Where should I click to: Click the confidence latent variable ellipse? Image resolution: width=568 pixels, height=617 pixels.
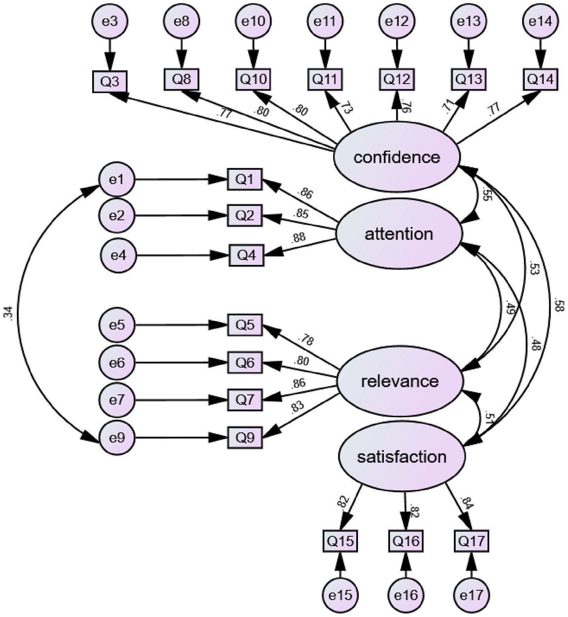coord(397,157)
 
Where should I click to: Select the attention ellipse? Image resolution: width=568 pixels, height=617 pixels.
coord(399,234)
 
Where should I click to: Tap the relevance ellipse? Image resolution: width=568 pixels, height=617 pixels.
coord(400,381)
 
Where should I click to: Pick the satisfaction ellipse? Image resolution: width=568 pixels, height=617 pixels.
coord(402,457)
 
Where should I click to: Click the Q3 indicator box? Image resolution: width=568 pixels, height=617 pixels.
coord(110,82)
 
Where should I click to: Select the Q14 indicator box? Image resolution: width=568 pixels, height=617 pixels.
coord(540,79)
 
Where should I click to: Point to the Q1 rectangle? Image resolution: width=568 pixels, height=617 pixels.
coord(244,179)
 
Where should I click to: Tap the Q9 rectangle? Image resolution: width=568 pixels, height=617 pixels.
coord(245,437)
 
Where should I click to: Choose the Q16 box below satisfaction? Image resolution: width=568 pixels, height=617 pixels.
coord(406,541)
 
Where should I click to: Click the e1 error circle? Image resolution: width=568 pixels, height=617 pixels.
coord(117,180)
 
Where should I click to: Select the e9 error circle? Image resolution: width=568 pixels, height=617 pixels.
coord(117,438)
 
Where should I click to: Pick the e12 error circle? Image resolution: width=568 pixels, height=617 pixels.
coord(397,21)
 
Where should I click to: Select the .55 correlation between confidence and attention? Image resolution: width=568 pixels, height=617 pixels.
coord(486,194)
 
